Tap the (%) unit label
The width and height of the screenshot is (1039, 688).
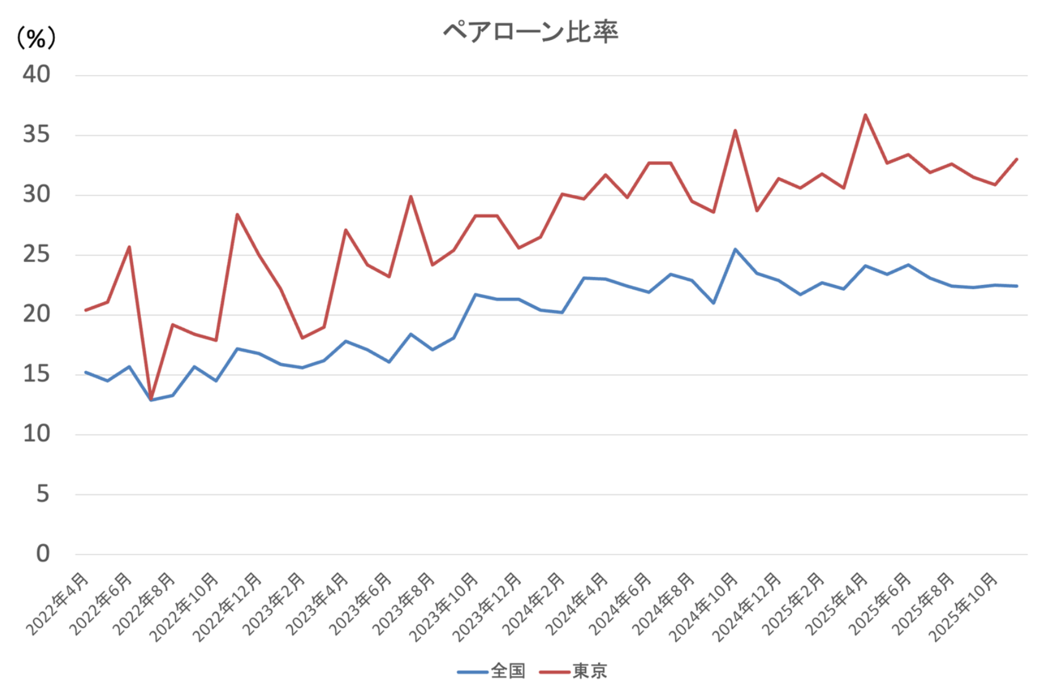(x=36, y=39)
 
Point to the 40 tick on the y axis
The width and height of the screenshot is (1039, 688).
(x=36, y=74)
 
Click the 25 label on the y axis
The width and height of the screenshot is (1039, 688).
(x=36, y=254)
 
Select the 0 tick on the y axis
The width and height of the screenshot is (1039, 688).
(x=42, y=554)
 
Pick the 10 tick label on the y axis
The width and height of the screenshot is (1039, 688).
(x=36, y=434)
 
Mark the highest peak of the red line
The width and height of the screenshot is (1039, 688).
(x=865, y=114)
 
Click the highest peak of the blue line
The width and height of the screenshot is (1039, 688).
(x=735, y=249)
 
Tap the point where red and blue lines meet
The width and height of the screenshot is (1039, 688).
(x=151, y=399)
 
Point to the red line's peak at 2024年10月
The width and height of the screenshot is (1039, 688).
(x=735, y=130)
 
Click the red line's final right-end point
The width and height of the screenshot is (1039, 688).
(x=1017, y=159)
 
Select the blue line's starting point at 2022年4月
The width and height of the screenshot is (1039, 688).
(x=86, y=372)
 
